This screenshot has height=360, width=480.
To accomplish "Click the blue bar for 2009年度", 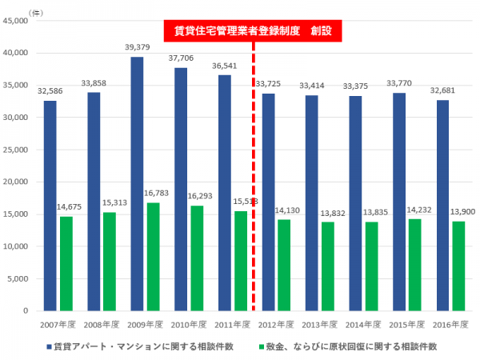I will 138,184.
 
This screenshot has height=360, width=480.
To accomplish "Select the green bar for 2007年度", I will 66,263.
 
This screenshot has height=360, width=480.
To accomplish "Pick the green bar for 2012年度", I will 284,265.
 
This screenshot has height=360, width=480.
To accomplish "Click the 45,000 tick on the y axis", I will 15,21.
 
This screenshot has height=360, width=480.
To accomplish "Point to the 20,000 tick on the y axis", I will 15,182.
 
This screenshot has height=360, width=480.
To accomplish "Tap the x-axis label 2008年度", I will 102,324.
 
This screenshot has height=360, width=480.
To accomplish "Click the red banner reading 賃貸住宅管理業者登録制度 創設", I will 252,31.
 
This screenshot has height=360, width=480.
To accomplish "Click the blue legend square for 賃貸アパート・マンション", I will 50,347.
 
